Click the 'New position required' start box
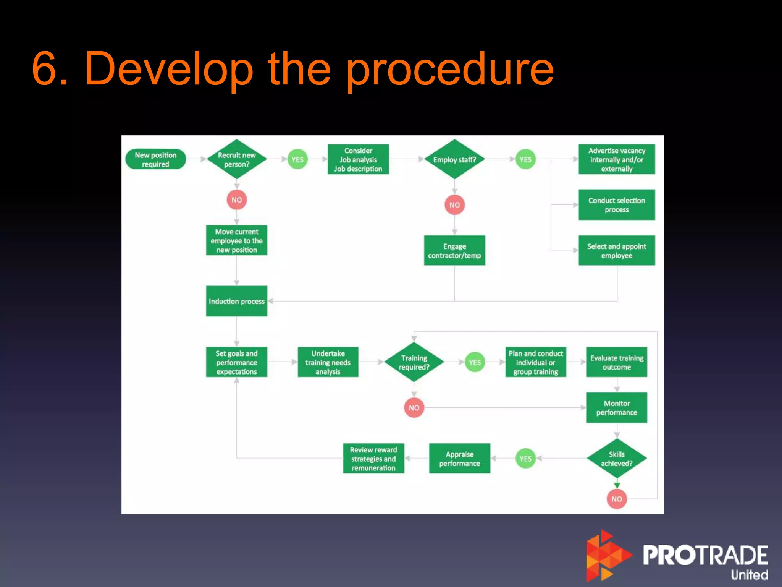[x=155, y=159]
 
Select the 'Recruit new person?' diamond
[x=237, y=159]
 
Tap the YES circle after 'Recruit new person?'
[x=297, y=159]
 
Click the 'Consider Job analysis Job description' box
[x=358, y=159]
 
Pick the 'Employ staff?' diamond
[x=454, y=159]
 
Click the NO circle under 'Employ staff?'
[x=454, y=205]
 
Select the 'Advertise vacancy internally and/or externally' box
[x=617, y=159]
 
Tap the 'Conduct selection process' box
[x=617, y=205]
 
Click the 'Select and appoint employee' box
[x=617, y=251]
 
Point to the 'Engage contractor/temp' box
[x=454, y=251]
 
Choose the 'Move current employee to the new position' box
[x=237, y=240]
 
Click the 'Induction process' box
[x=237, y=301]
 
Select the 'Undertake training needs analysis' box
[x=328, y=362]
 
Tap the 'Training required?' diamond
[x=414, y=362]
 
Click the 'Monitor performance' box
[x=617, y=408]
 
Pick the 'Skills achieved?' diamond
[x=617, y=459]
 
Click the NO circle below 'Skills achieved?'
[x=617, y=499]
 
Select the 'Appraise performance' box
[x=459, y=459]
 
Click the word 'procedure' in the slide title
[x=450, y=70]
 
